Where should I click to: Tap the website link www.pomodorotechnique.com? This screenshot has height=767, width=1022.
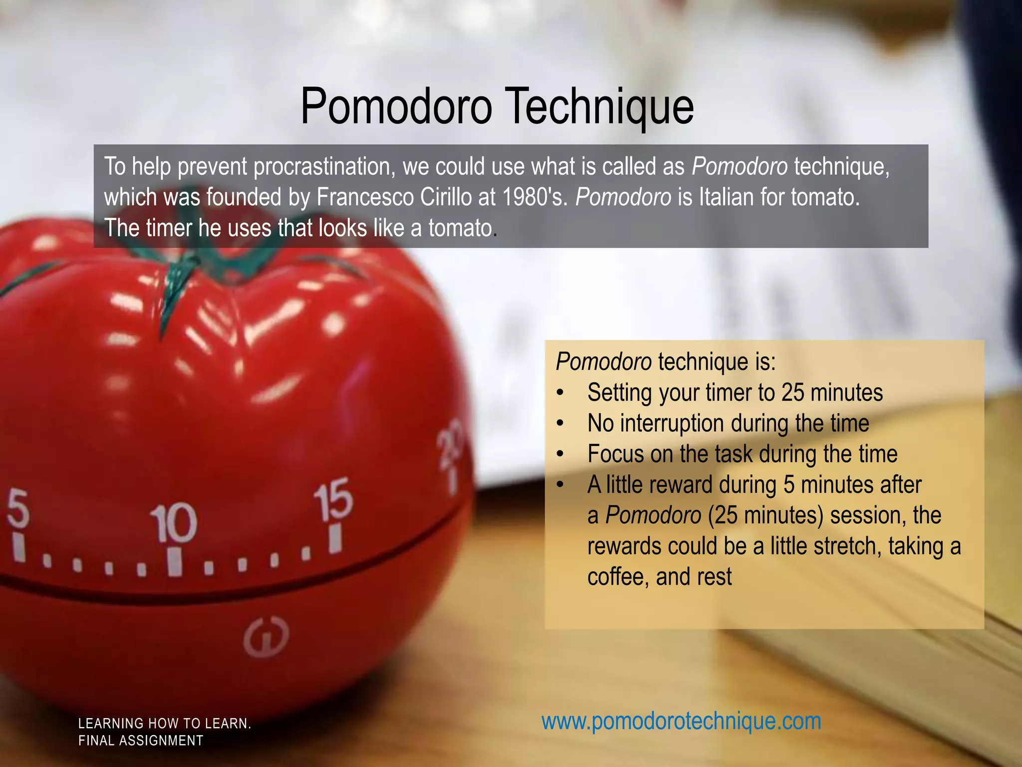click(x=681, y=721)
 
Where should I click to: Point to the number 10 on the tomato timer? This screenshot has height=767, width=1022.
click(x=175, y=523)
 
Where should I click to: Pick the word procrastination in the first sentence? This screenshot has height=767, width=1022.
click(x=324, y=166)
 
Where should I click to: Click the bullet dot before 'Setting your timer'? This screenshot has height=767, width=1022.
click(x=560, y=393)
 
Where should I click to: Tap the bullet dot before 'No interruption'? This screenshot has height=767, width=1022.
click(x=560, y=424)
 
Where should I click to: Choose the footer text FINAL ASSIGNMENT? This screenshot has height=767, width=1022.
click(x=141, y=741)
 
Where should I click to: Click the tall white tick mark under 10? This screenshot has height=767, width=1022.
click(x=173, y=562)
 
